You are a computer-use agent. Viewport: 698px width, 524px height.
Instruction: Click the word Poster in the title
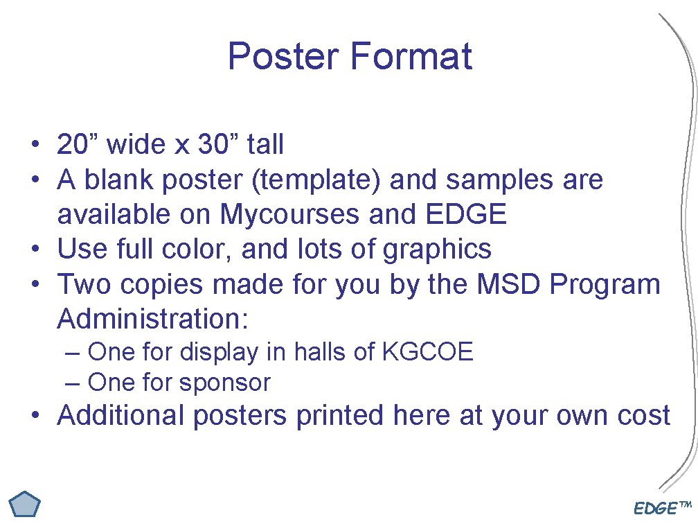284,56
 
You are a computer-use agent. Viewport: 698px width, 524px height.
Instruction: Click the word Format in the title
411,56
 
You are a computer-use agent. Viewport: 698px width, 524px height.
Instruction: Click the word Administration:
153,319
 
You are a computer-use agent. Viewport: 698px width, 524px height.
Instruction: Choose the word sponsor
226,382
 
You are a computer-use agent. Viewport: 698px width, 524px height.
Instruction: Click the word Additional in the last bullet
121,415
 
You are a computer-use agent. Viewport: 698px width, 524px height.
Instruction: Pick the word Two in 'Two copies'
81,284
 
